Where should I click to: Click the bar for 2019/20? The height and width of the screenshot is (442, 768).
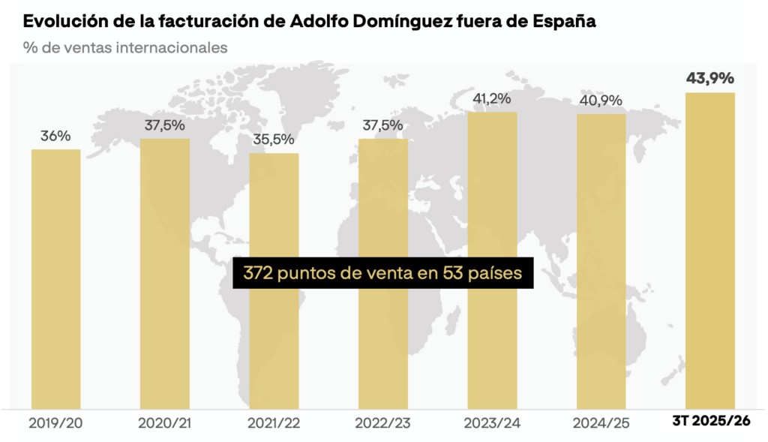tap(55, 278)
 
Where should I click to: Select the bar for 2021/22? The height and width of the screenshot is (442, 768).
tap(274, 338)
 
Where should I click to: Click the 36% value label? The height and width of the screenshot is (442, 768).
tap(55, 137)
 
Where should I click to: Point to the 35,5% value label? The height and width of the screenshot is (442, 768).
tap(274, 140)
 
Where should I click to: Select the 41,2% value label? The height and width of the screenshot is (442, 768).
tap(492, 98)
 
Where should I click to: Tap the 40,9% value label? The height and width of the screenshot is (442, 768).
tap(601, 101)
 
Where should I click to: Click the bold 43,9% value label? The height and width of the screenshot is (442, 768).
tap(710, 78)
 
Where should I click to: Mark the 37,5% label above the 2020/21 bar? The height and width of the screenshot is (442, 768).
tap(165, 125)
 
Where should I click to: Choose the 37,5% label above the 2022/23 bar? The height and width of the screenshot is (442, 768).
tap(382, 125)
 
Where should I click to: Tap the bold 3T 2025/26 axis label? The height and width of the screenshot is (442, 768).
tap(710, 422)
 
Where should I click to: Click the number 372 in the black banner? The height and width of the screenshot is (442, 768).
tap(257, 273)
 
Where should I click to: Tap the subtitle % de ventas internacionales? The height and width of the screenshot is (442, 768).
tap(125, 47)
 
